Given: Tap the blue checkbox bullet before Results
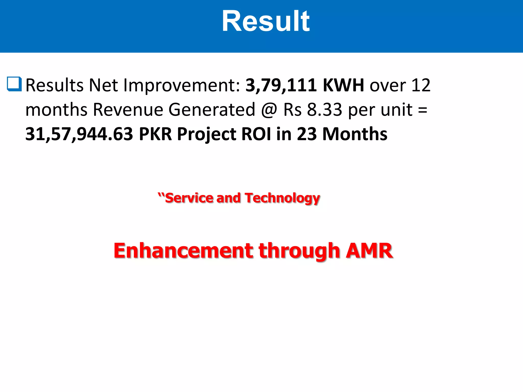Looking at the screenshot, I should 14,84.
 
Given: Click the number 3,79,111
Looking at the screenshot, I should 281,85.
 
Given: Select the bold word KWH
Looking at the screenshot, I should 343,85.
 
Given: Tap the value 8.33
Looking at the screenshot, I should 324,110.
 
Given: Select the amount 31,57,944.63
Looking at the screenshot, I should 79,134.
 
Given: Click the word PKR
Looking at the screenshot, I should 155,134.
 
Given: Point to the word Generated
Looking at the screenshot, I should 212,110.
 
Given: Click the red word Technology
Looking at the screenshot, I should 282,198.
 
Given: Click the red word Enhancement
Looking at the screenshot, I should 183,251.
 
